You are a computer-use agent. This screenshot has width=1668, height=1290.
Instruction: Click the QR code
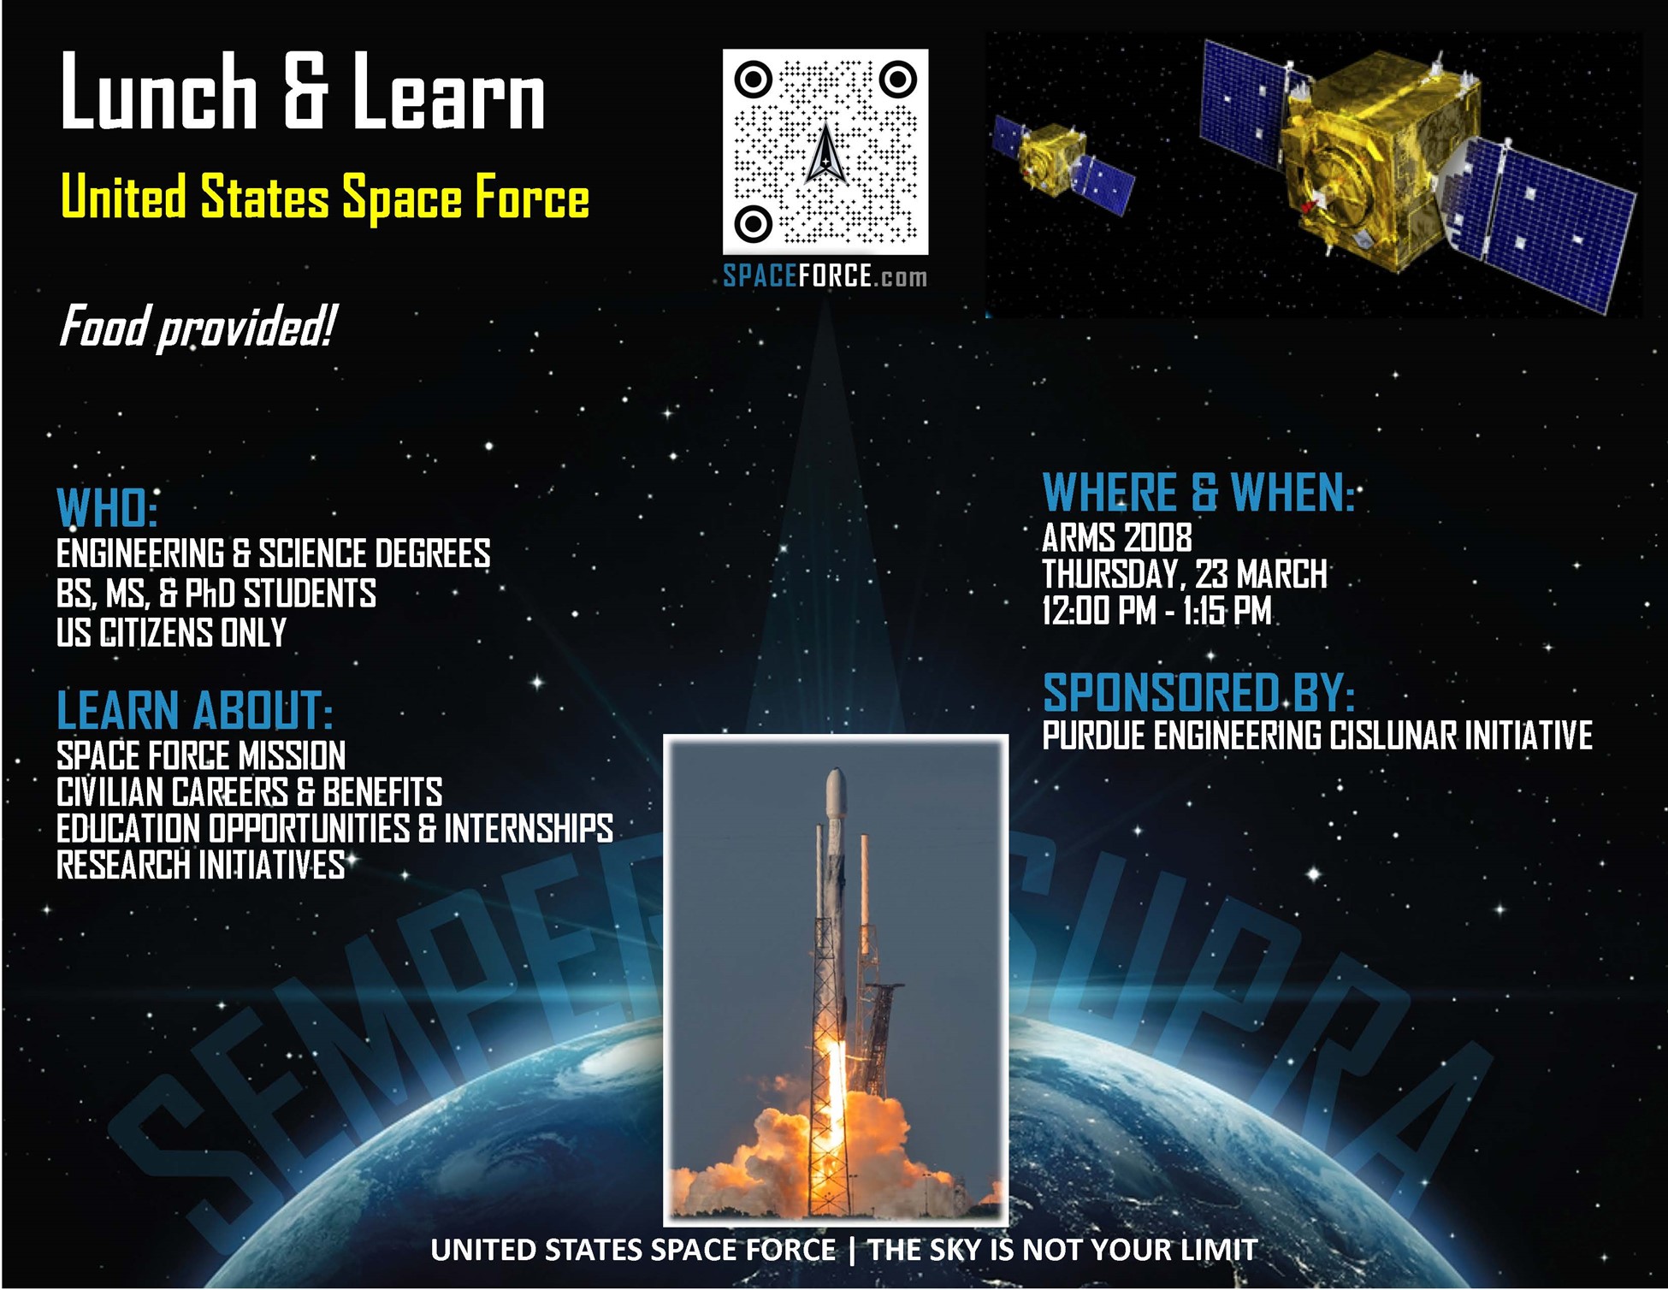[825, 151]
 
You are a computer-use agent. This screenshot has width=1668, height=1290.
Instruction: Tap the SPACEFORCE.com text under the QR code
[825, 276]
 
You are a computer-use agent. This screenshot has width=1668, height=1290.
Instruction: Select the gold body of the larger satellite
[1377, 163]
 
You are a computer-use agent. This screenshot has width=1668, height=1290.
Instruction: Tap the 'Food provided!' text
[197, 327]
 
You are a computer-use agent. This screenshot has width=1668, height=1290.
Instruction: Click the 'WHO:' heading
[107, 509]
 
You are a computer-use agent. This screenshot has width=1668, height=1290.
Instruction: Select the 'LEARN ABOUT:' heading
[194, 710]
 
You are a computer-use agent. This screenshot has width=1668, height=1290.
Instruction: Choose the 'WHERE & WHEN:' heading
[1198, 494]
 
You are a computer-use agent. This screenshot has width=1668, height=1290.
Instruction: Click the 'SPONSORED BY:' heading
[1198, 693]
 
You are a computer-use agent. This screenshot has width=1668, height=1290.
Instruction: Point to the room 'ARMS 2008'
[1116, 538]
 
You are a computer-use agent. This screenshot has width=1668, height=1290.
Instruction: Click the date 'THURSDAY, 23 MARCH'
[1184, 574]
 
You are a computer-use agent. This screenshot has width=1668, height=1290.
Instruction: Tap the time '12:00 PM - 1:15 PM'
[1156, 611]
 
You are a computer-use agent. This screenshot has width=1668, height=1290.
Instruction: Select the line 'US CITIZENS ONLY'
[171, 633]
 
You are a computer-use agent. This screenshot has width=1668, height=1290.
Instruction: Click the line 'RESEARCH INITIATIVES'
[200, 866]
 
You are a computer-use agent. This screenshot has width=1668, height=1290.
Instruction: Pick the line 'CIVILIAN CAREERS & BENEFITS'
[249, 792]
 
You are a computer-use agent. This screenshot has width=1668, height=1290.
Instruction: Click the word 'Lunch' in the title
[158, 92]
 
